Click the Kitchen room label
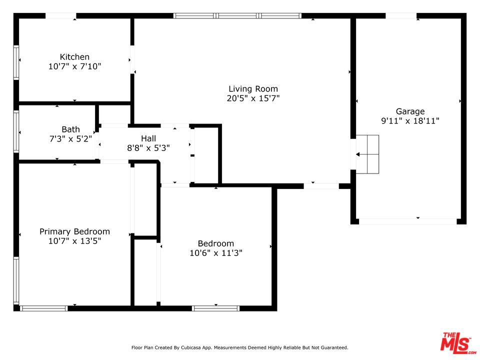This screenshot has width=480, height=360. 74,57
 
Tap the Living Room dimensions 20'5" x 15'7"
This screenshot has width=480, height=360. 253,98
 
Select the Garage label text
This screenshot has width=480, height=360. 410,111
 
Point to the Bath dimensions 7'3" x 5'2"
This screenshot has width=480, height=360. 70,139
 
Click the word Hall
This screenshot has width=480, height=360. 148,138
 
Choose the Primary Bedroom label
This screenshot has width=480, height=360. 74,231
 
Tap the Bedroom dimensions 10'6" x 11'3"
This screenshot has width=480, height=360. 216,253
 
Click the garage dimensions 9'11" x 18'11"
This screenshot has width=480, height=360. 410,121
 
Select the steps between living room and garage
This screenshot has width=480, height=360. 367,154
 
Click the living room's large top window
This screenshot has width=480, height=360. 237,15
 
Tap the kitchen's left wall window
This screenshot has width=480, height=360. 16,63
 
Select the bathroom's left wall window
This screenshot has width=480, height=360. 16,131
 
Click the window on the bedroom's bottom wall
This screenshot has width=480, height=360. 216,308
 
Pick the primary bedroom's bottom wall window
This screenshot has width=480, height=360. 44,308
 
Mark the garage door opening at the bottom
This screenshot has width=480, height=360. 408,221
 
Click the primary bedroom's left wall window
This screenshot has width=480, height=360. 16,280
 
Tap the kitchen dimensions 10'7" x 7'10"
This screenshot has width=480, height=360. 74,66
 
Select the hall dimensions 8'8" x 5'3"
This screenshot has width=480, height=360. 148,148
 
